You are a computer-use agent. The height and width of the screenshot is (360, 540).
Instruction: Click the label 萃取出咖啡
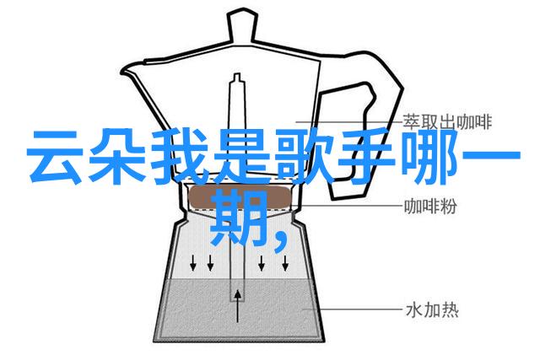[448, 122]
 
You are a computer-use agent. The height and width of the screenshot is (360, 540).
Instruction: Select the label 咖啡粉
[430, 207]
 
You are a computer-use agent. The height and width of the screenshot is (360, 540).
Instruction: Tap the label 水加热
[432, 310]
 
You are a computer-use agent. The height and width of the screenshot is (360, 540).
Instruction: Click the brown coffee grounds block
[240, 197]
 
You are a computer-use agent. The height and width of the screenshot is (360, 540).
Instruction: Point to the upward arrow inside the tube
[238, 306]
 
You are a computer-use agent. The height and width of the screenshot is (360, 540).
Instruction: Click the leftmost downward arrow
[193, 262]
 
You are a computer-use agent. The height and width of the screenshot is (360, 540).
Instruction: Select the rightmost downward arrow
[285, 262]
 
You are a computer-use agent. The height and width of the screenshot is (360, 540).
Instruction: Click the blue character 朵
[117, 156]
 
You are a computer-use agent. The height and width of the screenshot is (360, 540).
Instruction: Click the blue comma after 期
[281, 240]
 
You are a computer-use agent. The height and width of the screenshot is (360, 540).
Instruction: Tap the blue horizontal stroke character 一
[490, 156]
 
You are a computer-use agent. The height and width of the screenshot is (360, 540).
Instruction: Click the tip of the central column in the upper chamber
[237, 74]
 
